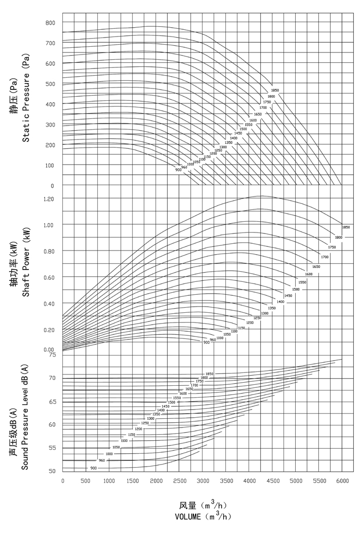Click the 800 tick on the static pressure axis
coord(50,23)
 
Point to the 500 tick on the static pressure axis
coord(50,84)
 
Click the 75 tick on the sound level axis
coord(52,354)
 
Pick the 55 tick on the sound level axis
coord(52,448)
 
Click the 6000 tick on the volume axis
coord(342,481)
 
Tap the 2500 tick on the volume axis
coord(179,481)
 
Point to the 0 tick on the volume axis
coord(63,481)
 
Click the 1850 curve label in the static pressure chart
coord(275,91)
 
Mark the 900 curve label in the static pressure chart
coord(178,170)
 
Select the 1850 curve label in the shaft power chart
coord(346,227)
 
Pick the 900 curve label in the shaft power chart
coord(206,342)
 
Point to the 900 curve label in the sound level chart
coord(94,468)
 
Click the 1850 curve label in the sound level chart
coord(209,374)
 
